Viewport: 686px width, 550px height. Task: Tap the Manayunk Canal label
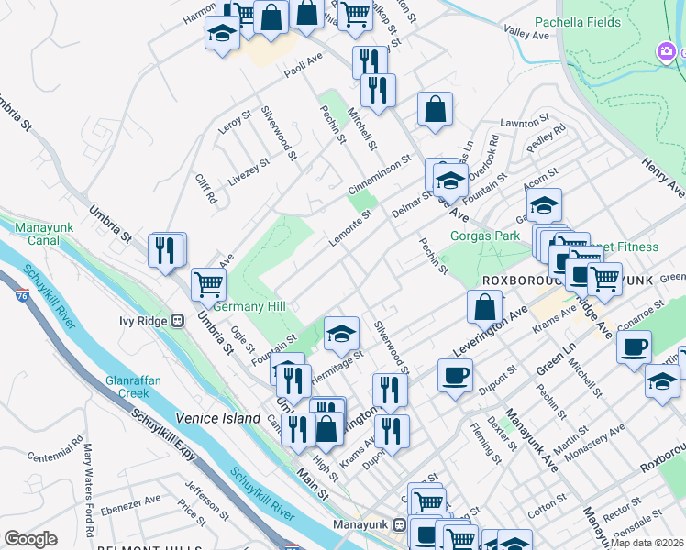37,233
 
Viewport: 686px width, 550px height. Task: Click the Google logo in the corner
30,539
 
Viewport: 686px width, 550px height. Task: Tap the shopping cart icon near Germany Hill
209,283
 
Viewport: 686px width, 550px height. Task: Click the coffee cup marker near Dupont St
456,375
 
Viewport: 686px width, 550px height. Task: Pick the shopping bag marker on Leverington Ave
485,307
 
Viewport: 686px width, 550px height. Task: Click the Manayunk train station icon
399,525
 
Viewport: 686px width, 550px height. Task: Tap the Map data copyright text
647,542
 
